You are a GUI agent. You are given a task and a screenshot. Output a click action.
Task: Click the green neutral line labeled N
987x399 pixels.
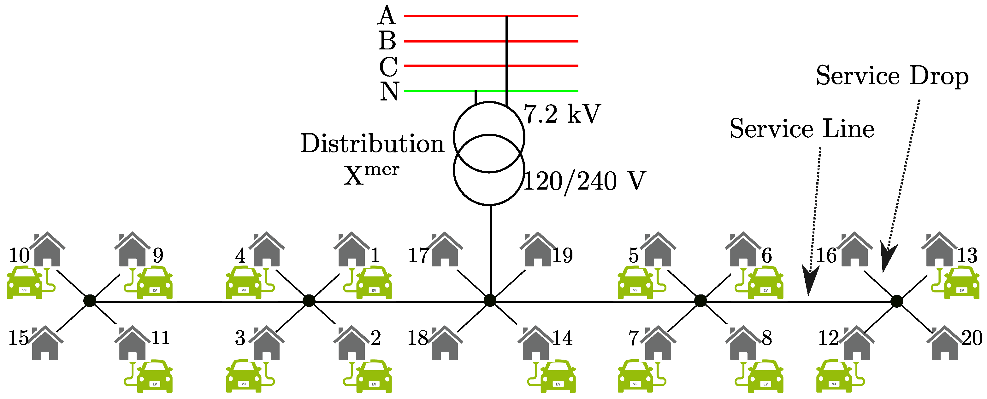536,91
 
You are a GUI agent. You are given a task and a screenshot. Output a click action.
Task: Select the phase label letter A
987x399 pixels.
387,16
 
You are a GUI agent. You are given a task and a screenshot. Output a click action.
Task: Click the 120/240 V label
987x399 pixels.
584,181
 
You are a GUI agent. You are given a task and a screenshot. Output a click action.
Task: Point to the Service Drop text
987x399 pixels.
892,76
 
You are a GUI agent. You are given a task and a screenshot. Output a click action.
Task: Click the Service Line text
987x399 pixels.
801,128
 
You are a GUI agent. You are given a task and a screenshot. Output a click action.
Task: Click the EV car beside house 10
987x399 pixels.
25,283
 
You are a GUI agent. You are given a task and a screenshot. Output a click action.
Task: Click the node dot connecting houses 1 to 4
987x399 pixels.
309,301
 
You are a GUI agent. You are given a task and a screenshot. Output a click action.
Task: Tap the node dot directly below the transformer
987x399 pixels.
490,301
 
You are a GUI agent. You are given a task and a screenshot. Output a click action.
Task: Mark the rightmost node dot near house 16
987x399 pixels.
896,301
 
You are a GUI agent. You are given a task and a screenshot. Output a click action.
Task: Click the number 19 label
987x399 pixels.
563,255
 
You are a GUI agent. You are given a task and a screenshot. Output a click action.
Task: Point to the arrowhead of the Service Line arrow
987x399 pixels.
809,283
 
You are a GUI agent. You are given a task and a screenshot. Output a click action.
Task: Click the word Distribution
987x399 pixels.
372,144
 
